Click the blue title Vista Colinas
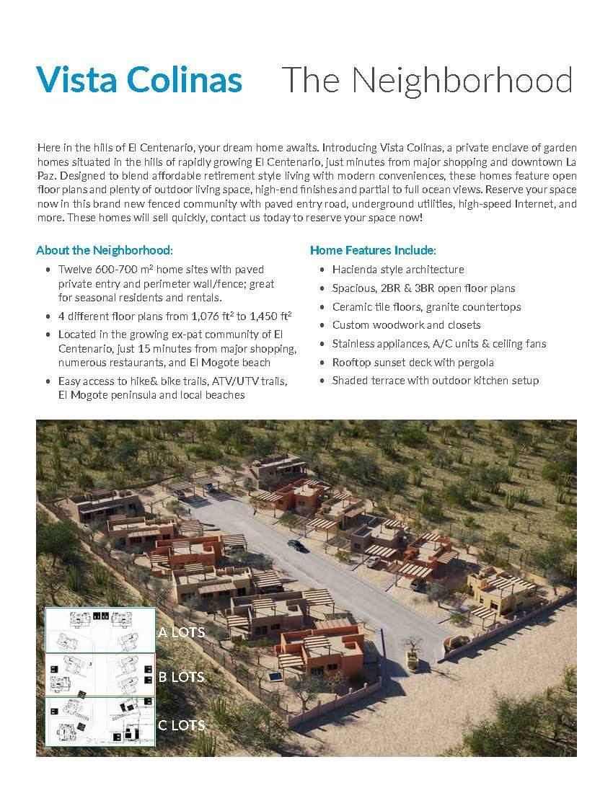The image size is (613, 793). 139,80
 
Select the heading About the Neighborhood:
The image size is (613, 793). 105,250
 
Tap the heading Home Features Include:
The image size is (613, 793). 373,250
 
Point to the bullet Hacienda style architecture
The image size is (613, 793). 397,269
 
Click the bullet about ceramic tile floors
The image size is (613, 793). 426,306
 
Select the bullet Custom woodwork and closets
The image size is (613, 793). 406,325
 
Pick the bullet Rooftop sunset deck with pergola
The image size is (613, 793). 413,362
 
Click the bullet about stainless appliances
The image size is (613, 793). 439,343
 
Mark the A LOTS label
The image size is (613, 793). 181,632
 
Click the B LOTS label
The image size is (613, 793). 181,677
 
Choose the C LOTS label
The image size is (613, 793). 181,725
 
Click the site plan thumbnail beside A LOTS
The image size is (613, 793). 100,630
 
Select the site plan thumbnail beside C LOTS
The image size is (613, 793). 100,721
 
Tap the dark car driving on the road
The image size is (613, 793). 296,545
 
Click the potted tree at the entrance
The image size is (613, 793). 413,652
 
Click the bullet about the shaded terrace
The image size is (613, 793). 435,380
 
